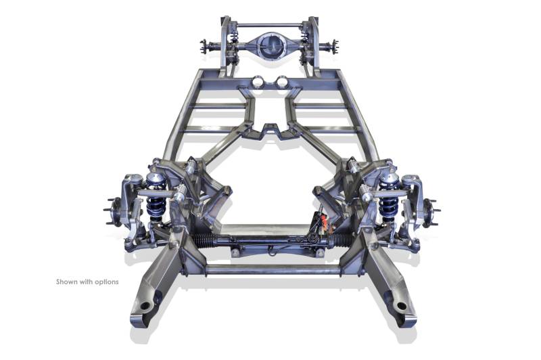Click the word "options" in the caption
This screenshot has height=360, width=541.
tap(106, 282)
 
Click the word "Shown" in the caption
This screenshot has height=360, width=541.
tap(67, 282)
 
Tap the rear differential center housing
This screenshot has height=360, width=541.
tap(269, 46)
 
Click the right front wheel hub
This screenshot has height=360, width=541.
tap(431, 211)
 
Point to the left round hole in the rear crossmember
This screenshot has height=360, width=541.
tap(257, 82)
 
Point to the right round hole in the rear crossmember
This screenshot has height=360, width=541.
tap(282, 82)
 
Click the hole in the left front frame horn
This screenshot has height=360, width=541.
tap(145, 306)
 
